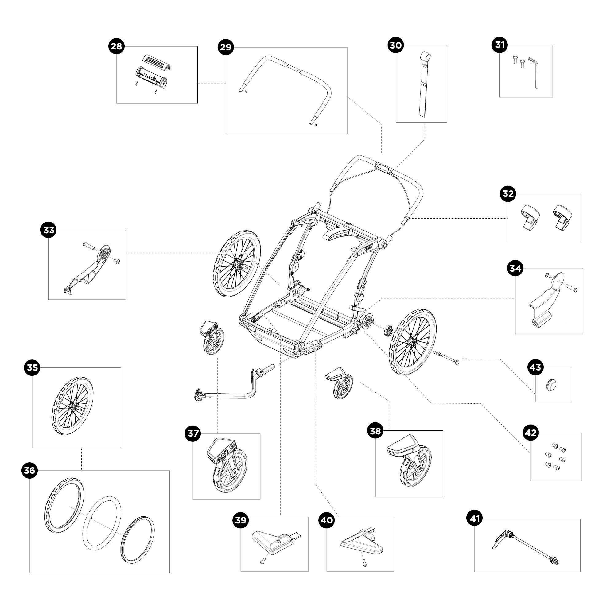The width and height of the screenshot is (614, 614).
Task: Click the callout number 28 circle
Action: click(x=116, y=46)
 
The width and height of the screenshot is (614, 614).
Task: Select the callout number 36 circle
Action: click(x=29, y=470)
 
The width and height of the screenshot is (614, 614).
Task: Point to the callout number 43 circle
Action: click(x=535, y=367)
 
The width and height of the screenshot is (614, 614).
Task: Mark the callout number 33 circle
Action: click(x=49, y=230)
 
